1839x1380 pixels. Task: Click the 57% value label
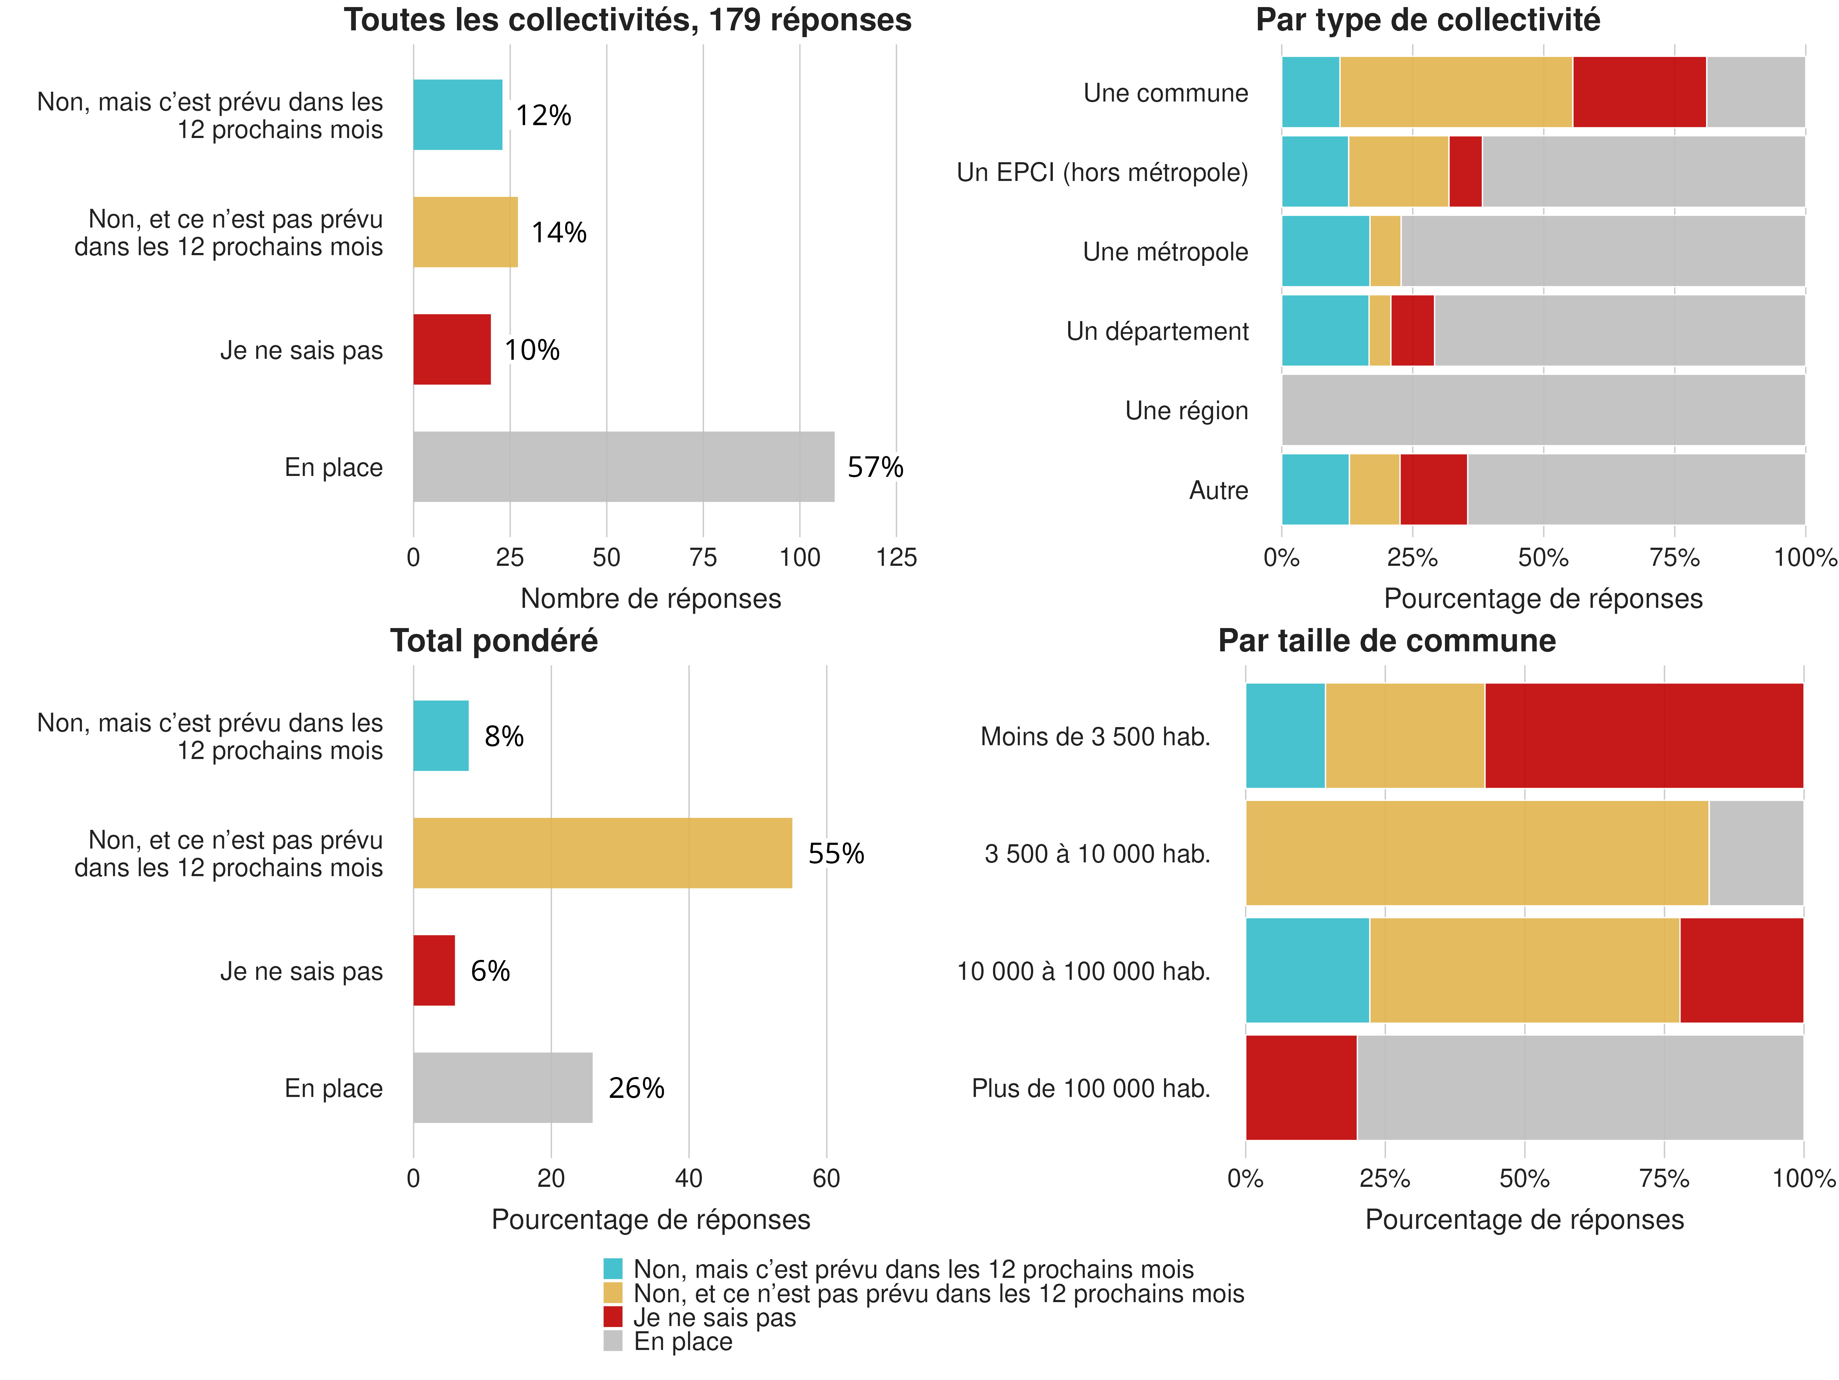coord(875,467)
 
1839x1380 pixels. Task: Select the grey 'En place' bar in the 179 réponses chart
coord(623,467)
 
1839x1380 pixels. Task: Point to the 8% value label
coord(504,736)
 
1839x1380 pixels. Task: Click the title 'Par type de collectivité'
coord(1427,20)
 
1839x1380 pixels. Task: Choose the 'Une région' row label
coord(1186,411)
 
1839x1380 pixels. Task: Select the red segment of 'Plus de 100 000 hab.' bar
coord(1301,1087)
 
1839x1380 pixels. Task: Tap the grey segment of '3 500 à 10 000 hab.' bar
coord(1756,853)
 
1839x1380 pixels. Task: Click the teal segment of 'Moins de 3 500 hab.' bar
coord(1285,735)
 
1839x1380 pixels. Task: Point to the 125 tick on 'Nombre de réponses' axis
coord(896,557)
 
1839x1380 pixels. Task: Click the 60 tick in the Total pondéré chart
coord(826,1178)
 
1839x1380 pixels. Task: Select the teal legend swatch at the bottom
coord(613,1269)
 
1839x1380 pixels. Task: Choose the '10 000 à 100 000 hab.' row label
coord(1083,971)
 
